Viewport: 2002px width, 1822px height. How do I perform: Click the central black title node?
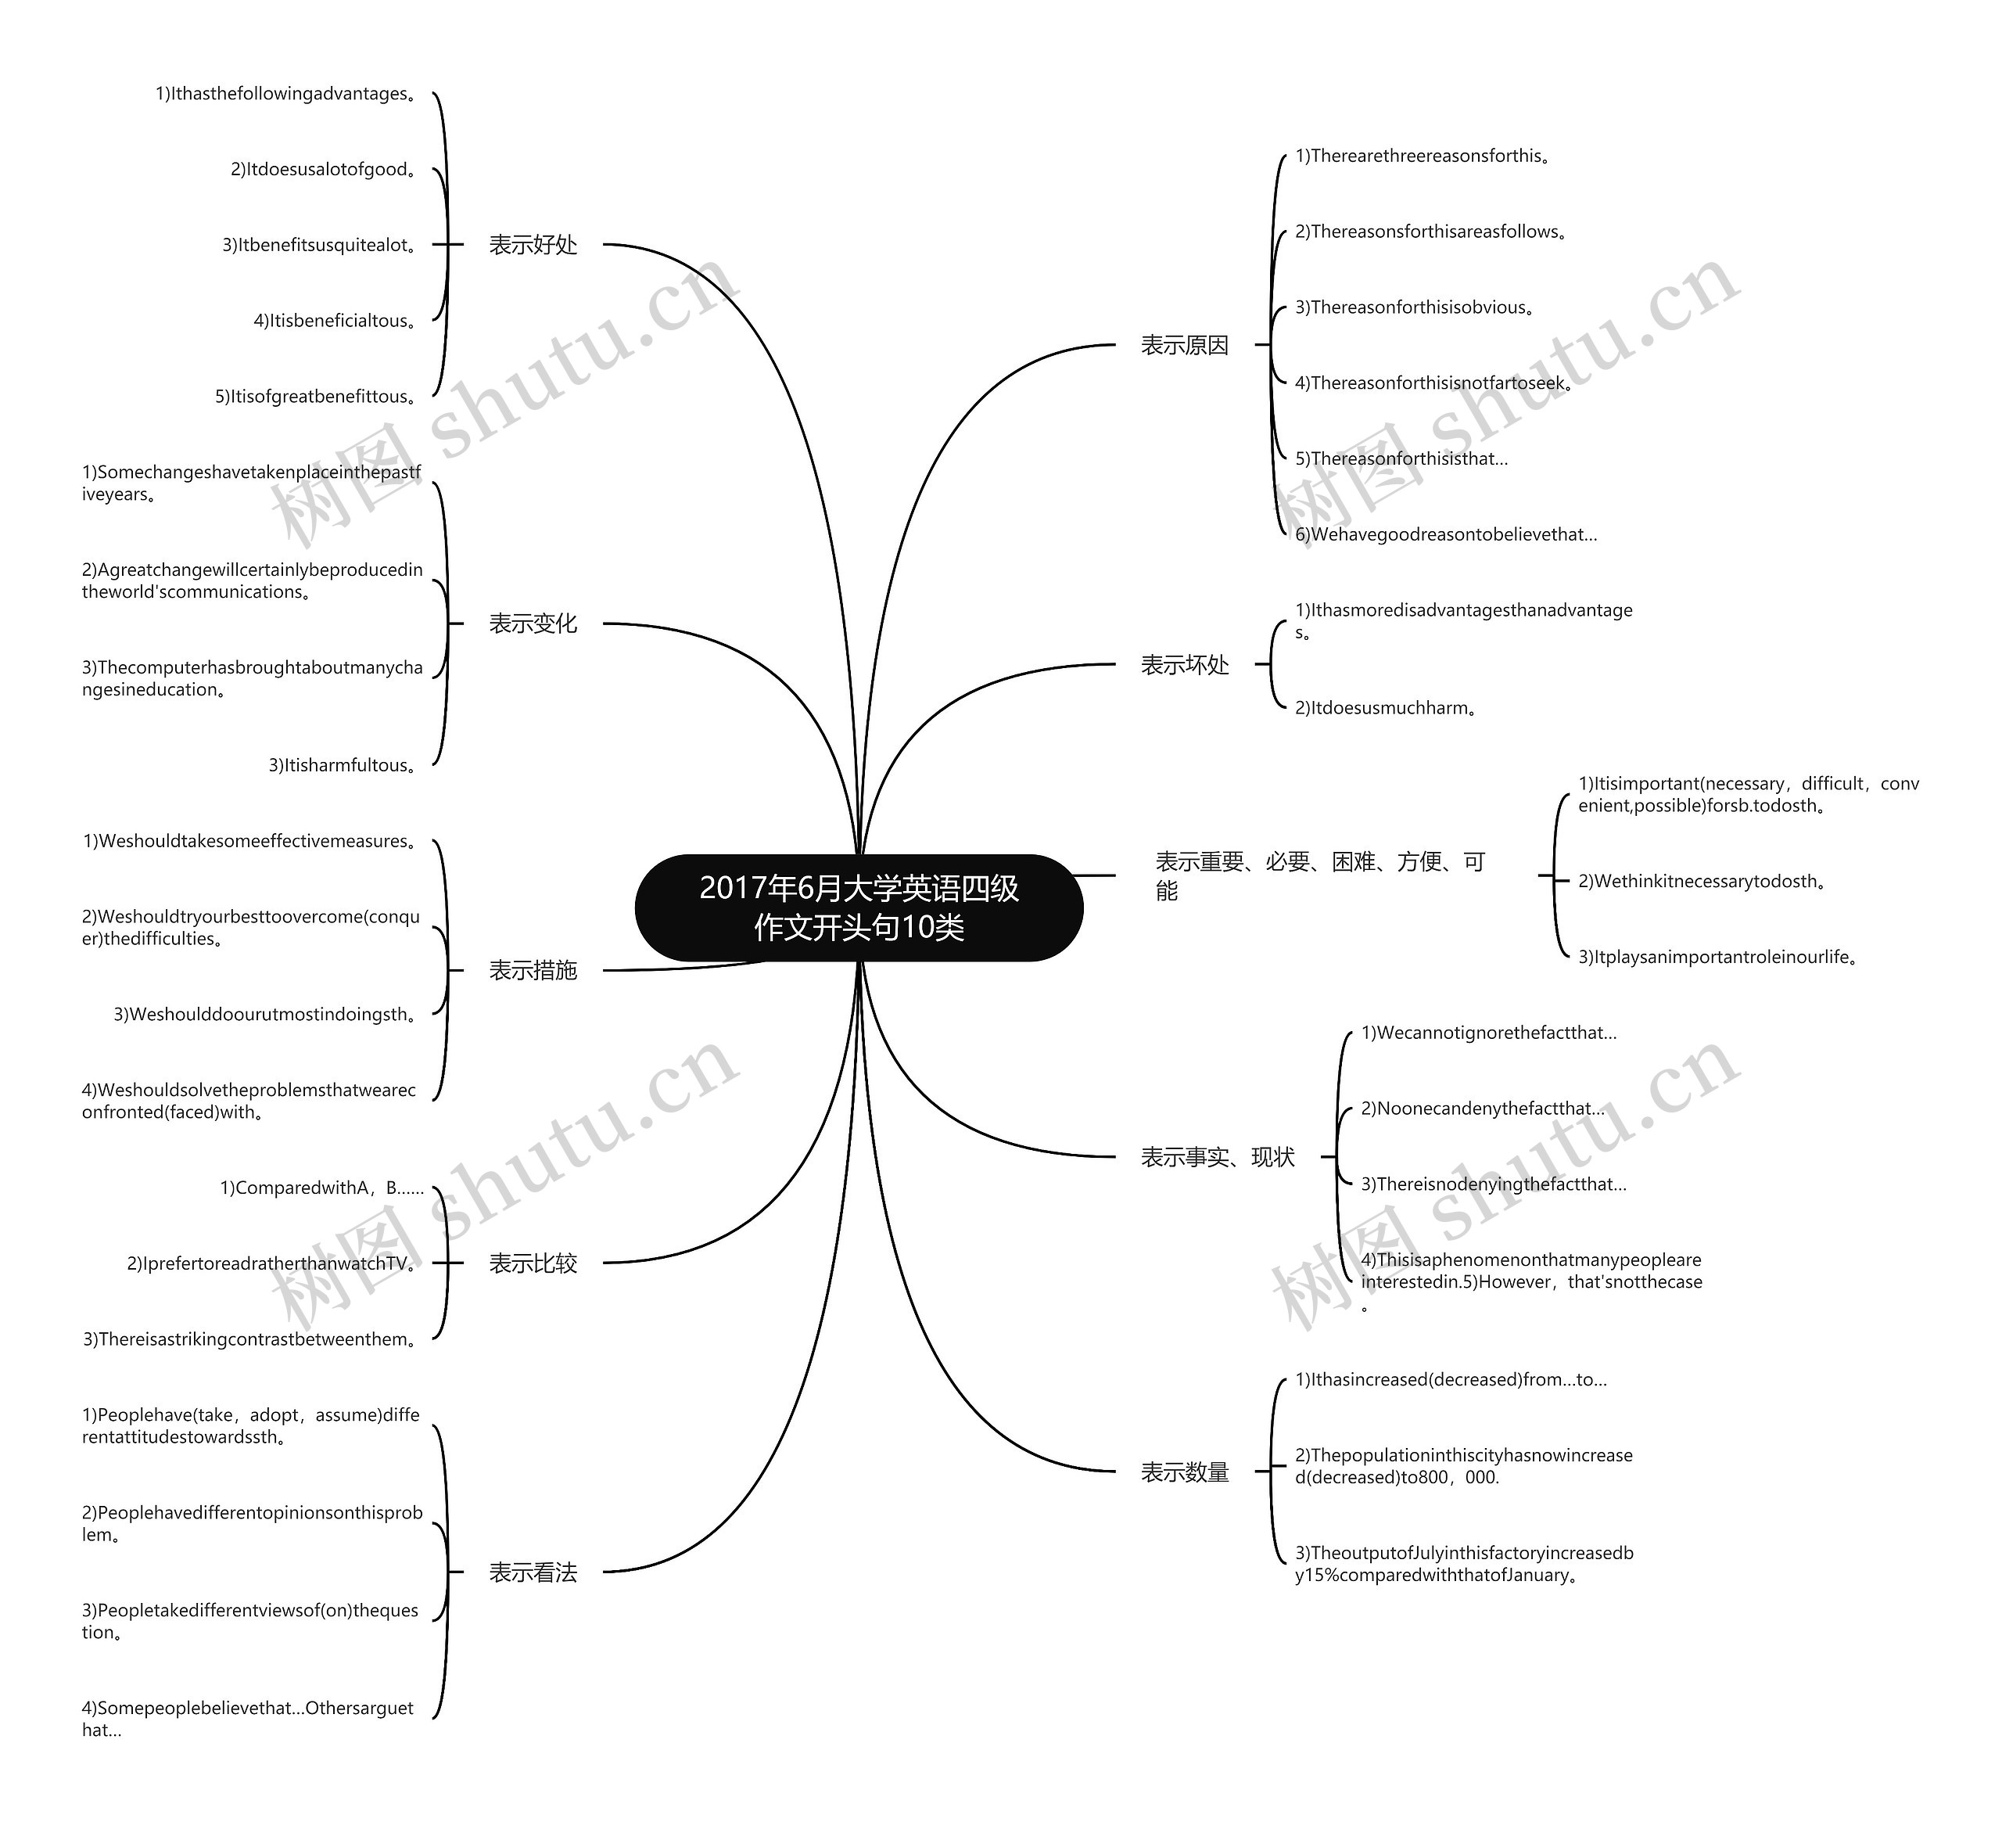(859, 907)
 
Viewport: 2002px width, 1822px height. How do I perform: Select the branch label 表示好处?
(533, 244)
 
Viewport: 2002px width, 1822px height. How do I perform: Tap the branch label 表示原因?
(1185, 345)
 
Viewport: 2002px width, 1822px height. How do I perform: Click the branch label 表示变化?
(533, 623)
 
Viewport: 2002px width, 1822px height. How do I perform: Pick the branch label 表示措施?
(533, 969)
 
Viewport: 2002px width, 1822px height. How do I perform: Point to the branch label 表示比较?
(533, 1263)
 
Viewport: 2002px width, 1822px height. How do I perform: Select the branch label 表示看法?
(533, 1572)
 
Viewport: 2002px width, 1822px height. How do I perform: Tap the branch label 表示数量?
(1185, 1472)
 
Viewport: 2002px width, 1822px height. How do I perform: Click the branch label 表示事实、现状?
(1218, 1156)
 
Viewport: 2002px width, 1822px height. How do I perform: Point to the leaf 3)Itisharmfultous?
(343, 765)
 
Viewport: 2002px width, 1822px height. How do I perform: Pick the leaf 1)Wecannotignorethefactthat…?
(1488, 1033)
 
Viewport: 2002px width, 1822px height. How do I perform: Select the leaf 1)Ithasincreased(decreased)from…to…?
(1451, 1380)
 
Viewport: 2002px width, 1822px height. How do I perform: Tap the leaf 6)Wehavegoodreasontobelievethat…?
(1446, 534)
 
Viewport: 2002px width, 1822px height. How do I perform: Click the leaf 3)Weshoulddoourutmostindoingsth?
(265, 1015)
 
